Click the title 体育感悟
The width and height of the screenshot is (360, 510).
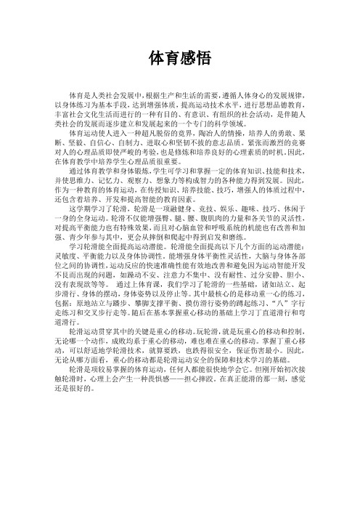(179, 57)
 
